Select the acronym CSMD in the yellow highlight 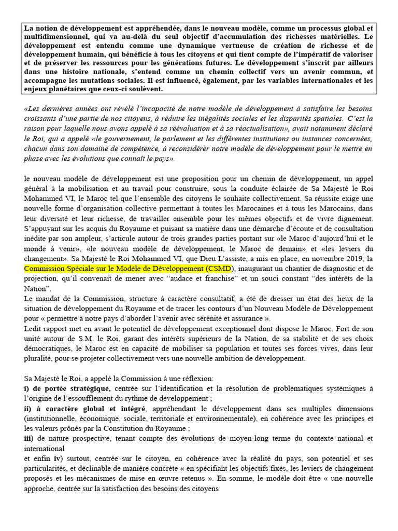[x=220, y=268]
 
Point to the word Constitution [x=132, y=428]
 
